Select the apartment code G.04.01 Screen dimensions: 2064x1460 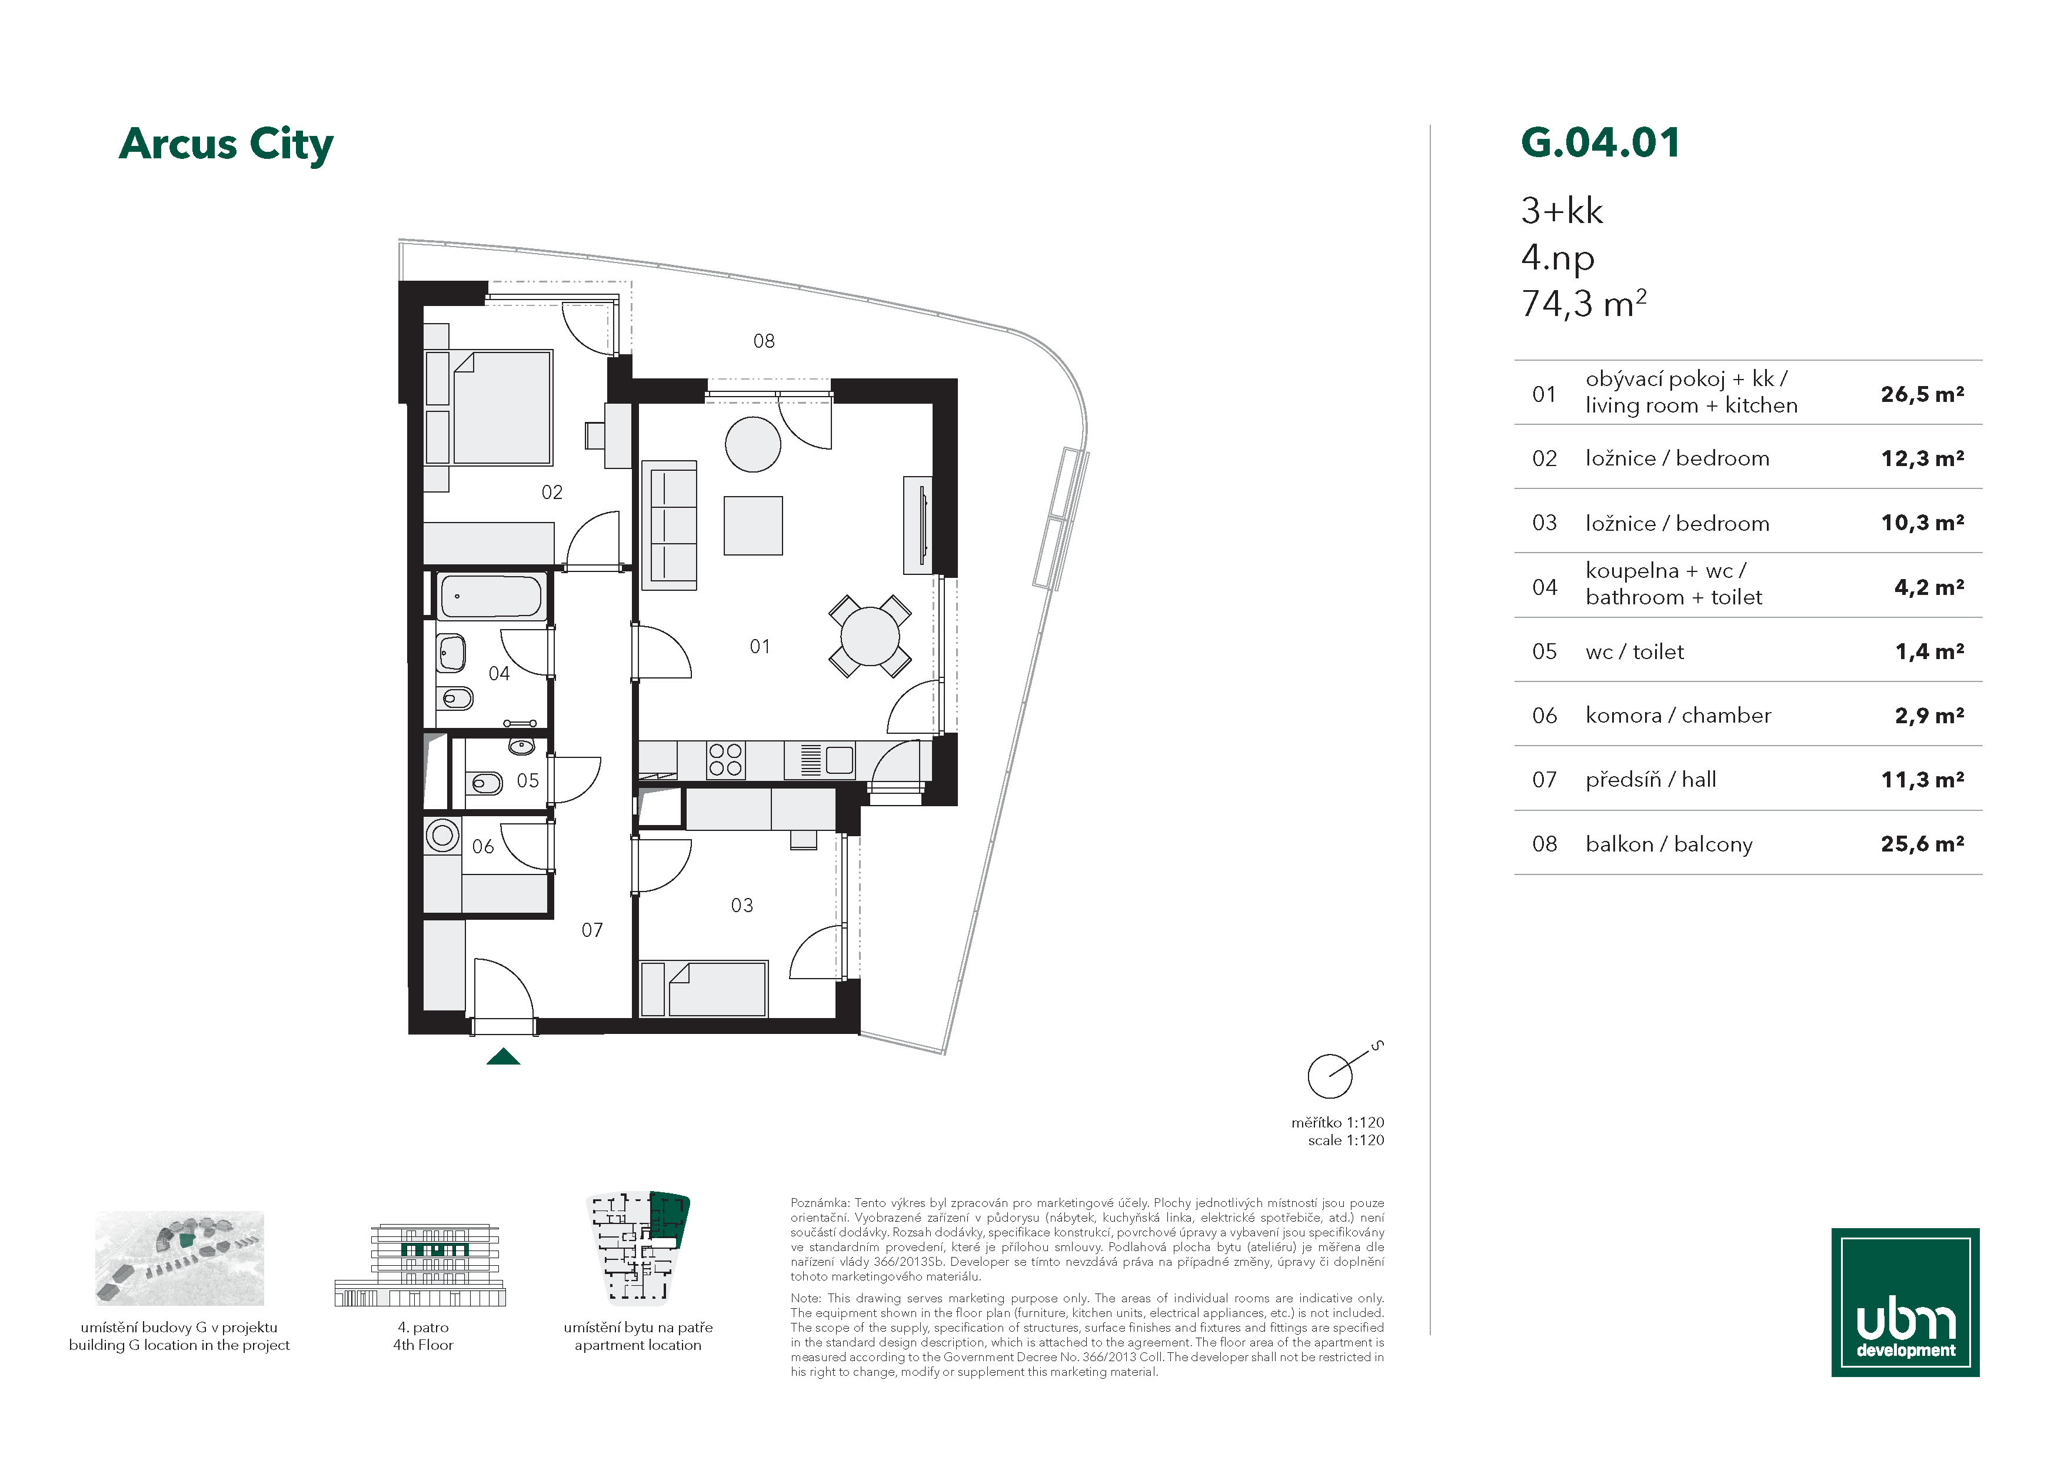pos(1600,143)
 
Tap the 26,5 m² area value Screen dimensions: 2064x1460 pos(1922,394)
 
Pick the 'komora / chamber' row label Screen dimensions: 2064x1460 pos(1677,716)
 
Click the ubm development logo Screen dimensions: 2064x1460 pos(1905,1302)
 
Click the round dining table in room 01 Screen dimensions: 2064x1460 pos(869,637)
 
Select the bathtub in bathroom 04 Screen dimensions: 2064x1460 pos(491,596)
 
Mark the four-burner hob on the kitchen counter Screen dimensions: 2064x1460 pos(724,760)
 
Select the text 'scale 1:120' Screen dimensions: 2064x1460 pos(1346,1140)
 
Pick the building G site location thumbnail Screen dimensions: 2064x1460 pos(180,1258)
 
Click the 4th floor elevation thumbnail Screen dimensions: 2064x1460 pos(420,1264)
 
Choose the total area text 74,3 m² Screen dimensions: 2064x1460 pos(1583,304)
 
